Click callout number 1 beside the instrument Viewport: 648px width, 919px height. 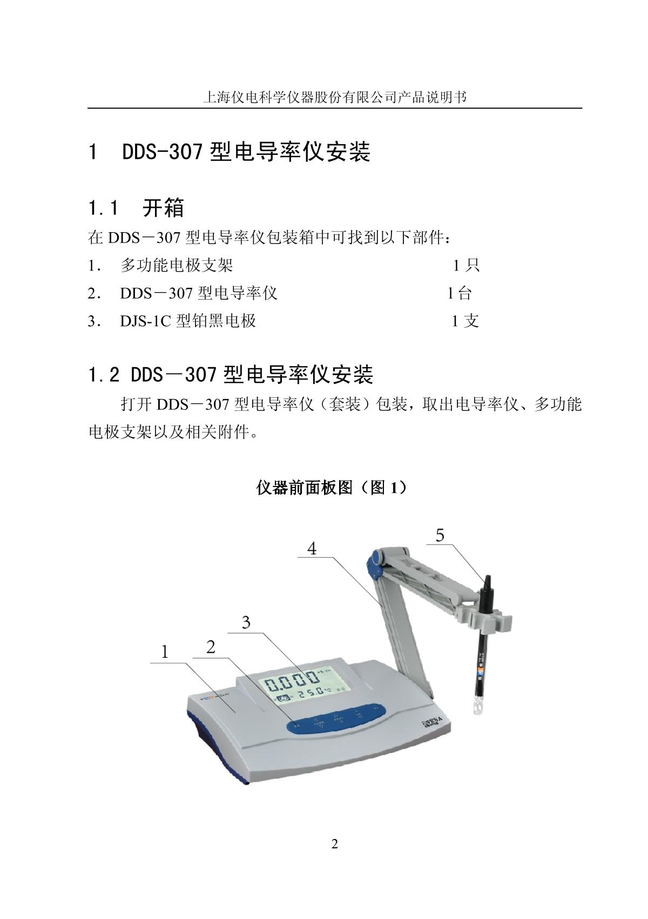165,652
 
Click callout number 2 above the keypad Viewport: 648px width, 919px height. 211,646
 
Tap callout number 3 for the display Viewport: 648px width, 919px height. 246,623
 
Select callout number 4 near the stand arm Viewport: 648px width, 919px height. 312,549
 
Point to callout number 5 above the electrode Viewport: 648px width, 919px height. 440,535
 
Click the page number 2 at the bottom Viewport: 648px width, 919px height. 334,844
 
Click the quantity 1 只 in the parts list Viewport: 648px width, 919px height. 465,265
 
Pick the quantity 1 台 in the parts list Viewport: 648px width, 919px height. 460,293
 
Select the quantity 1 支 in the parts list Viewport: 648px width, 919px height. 465,321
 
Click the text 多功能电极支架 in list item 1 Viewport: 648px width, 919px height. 177,265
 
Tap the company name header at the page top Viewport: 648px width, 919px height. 334,97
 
